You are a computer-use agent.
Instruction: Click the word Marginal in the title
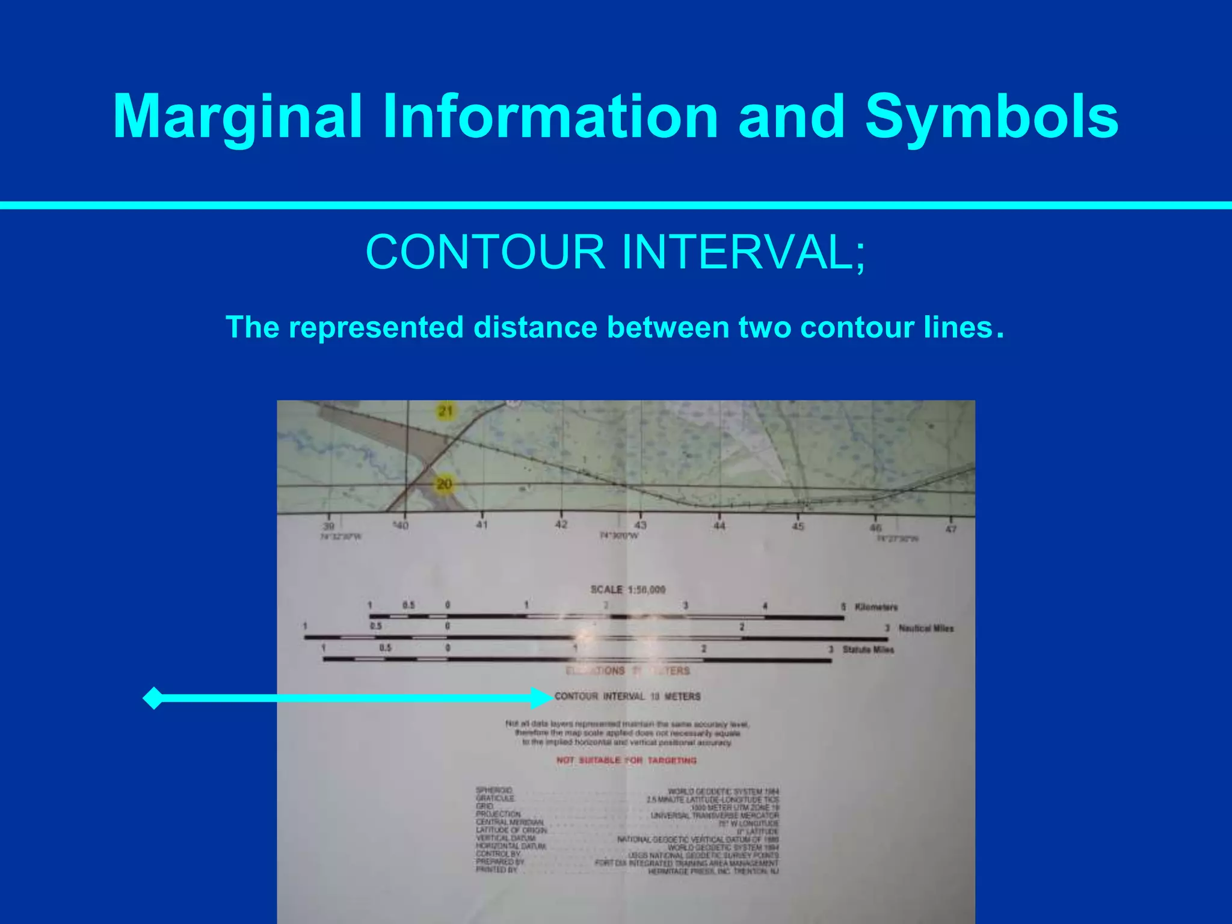(x=237, y=118)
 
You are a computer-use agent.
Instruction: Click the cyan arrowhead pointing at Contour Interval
(x=541, y=698)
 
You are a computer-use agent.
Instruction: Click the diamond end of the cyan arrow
(x=154, y=698)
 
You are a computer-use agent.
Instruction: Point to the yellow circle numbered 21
(x=446, y=412)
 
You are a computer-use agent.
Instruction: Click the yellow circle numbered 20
(x=444, y=484)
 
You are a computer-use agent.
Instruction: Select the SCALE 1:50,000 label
(x=628, y=590)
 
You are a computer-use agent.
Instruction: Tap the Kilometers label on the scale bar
(x=876, y=607)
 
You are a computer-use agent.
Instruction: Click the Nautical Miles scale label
(x=926, y=629)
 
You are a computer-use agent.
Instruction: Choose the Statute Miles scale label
(x=868, y=650)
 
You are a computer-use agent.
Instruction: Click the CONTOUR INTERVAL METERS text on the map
(x=627, y=697)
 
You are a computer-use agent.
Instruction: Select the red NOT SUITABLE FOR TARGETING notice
(x=626, y=760)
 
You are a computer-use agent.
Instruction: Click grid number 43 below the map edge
(x=641, y=525)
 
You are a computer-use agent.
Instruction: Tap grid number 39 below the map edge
(x=328, y=526)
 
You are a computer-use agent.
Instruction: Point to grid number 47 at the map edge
(x=950, y=529)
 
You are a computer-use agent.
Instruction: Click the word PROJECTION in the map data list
(x=498, y=814)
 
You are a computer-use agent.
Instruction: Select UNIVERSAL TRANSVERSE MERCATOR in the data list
(x=715, y=816)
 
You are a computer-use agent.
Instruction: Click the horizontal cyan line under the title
(x=616, y=206)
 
